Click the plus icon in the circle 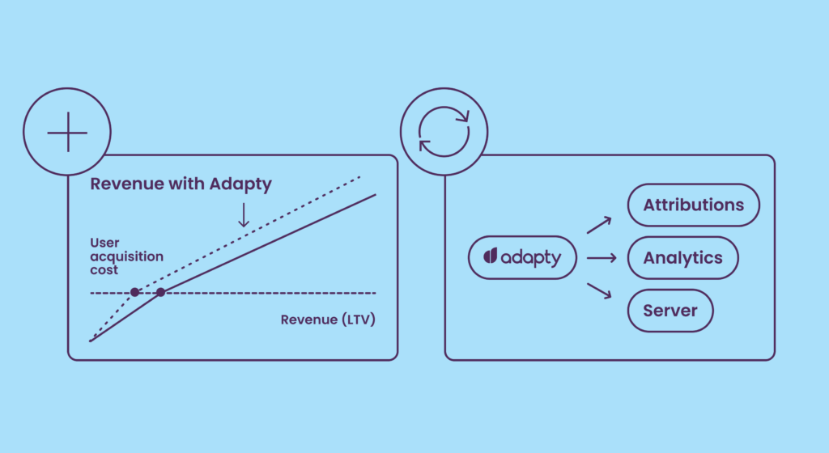pyautogui.click(x=66, y=132)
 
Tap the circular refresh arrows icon pyautogui.click(x=444, y=132)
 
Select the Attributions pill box pyautogui.click(x=694, y=205)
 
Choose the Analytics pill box pyautogui.click(x=683, y=258)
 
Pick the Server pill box pyautogui.click(x=670, y=311)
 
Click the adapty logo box pyautogui.click(x=521, y=257)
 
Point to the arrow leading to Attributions pyautogui.click(x=599, y=224)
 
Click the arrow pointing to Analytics pyautogui.click(x=601, y=258)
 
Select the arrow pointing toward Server pyautogui.click(x=599, y=291)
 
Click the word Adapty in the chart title pyautogui.click(x=240, y=184)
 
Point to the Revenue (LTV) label pyautogui.click(x=329, y=319)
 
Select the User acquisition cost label pyautogui.click(x=126, y=257)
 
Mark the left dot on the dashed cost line pyautogui.click(x=135, y=292)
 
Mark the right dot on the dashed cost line pyautogui.click(x=160, y=292)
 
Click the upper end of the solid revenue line pyautogui.click(x=375, y=194)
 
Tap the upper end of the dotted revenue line pyautogui.click(x=359, y=176)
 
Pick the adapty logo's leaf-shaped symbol pyautogui.click(x=490, y=257)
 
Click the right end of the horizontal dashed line pyautogui.click(x=375, y=292)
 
